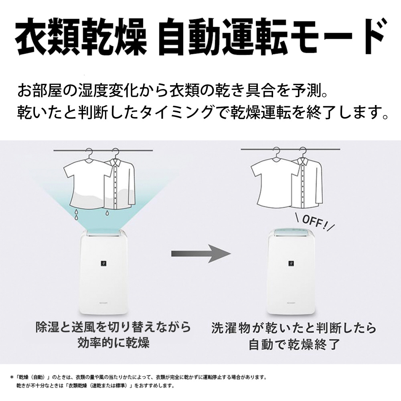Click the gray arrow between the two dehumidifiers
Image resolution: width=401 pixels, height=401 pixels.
point(201,253)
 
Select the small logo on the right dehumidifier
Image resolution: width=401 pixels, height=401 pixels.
point(291,263)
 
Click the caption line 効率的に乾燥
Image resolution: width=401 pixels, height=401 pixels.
point(113,342)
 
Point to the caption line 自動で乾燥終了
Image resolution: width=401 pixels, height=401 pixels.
point(294,344)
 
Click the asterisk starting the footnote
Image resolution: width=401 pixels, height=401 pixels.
point(12,377)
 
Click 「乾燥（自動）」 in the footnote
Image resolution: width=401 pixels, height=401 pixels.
point(34,377)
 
